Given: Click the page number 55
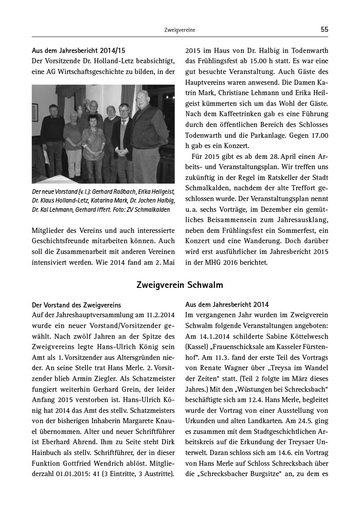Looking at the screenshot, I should click(324, 30).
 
